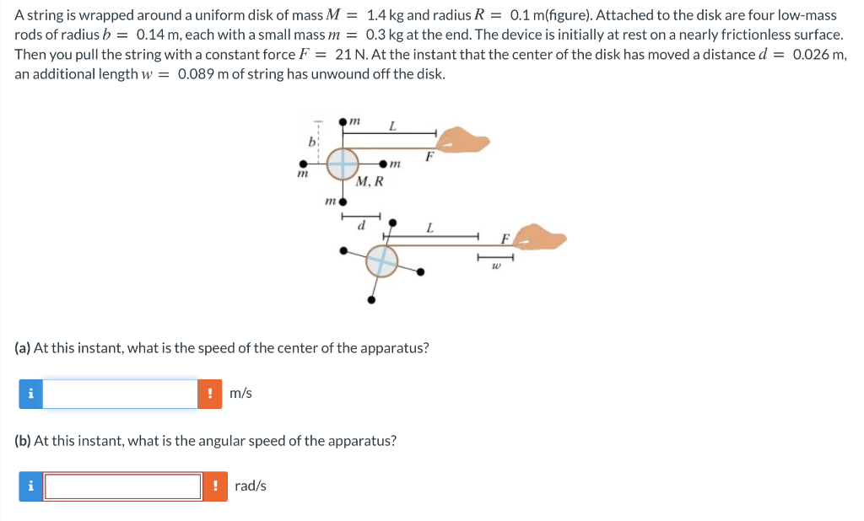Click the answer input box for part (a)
[x=120, y=394]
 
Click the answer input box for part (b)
[x=123, y=486]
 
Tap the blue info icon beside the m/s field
[x=31, y=394]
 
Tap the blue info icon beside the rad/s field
[x=31, y=486]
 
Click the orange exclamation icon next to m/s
[x=210, y=394]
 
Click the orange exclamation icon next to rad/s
[x=215, y=486]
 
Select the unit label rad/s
[x=251, y=486]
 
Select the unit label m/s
[x=240, y=394]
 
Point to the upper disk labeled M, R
[x=343, y=163]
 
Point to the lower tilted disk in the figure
[x=381, y=261]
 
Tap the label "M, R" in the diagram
[x=370, y=181]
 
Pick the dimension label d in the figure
[x=362, y=226]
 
